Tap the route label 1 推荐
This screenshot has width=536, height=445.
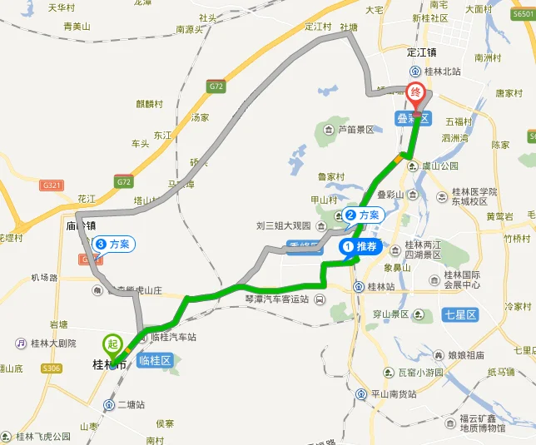tap(360, 246)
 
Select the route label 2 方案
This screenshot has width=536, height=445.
tap(363, 215)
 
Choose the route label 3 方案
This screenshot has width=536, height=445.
tap(113, 244)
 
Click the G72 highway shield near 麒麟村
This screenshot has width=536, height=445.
tap(217, 86)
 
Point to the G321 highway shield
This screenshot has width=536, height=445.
tap(52, 185)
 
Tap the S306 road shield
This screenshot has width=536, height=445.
tap(52, 368)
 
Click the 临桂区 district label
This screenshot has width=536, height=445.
tap(155, 360)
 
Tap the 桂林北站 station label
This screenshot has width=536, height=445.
tap(439, 72)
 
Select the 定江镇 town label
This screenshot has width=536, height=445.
tap(422, 52)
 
